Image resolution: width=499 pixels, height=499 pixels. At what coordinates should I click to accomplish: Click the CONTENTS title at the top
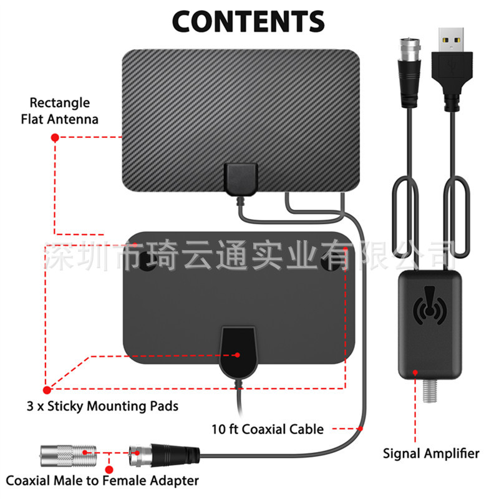pyautogui.click(x=248, y=21)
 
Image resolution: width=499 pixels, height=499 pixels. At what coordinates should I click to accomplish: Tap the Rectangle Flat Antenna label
pyautogui.click(x=59, y=111)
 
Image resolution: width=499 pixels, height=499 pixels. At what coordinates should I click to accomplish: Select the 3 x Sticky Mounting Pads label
pyautogui.click(x=102, y=406)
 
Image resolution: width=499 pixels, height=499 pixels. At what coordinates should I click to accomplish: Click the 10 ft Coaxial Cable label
pyautogui.click(x=268, y=429)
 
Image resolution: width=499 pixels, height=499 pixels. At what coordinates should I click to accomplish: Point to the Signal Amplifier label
pyautogui.click(x=431, y=453)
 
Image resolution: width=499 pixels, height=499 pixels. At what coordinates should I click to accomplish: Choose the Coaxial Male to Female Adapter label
pyautogui.click(x=102, y=480)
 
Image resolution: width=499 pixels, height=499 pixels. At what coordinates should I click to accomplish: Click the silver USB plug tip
pyautogui.click(x=451, y=40)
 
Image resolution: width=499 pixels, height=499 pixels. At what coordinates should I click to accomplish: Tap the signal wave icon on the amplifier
pyautogui.click(x=429, y=305)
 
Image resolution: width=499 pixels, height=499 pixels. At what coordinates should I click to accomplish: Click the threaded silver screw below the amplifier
pyautogui.click(x=430, y=391)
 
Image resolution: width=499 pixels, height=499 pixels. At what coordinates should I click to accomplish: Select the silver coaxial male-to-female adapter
pyautogui.click(x=69, y=456)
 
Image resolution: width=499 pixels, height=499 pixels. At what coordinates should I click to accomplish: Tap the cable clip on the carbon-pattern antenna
pyautogui.click(x=241, y=179)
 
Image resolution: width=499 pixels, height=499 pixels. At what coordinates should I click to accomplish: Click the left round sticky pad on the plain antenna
pyautogui.click(x=147, y=260)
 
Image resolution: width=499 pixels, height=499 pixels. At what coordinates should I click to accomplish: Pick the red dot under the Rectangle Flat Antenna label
pyautogui.click(x=55, y=137)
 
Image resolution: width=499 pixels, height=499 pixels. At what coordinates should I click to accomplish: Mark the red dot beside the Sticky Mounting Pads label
pyautogui.click(x=47, y=390)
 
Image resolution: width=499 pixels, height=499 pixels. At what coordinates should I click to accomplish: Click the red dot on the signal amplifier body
pyautogui.click(x=415, y=372)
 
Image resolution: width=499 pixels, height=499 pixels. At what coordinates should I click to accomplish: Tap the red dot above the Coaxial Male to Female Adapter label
pyautogui.click(x=109, y=470)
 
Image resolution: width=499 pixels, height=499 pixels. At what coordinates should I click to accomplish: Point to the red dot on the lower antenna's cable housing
pyautogui.click(x=238, y=355)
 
